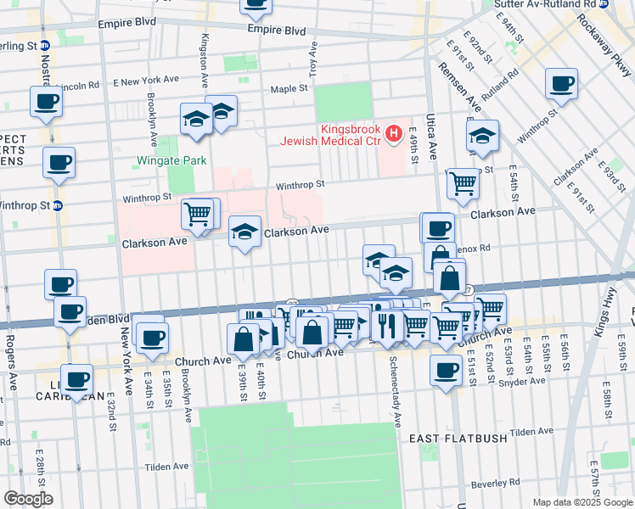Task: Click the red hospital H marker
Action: (x=393, y=133)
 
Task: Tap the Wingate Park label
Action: (x=167, y=159)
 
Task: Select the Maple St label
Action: (x=289, y=88)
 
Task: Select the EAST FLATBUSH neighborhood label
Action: (x=458, y=439)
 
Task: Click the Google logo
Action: (x=28, y=499)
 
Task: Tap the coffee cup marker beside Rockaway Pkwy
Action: (x=562, y=84)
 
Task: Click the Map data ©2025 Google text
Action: (x=582, y=501)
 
